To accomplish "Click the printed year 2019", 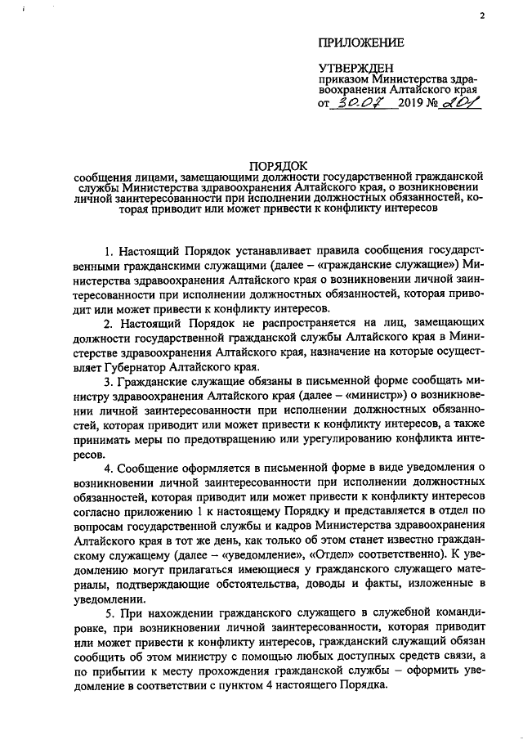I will [x=413, y=106].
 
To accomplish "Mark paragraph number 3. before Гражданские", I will [x=110, y=383].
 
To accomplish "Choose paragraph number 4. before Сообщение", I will [x=110, y=468].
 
